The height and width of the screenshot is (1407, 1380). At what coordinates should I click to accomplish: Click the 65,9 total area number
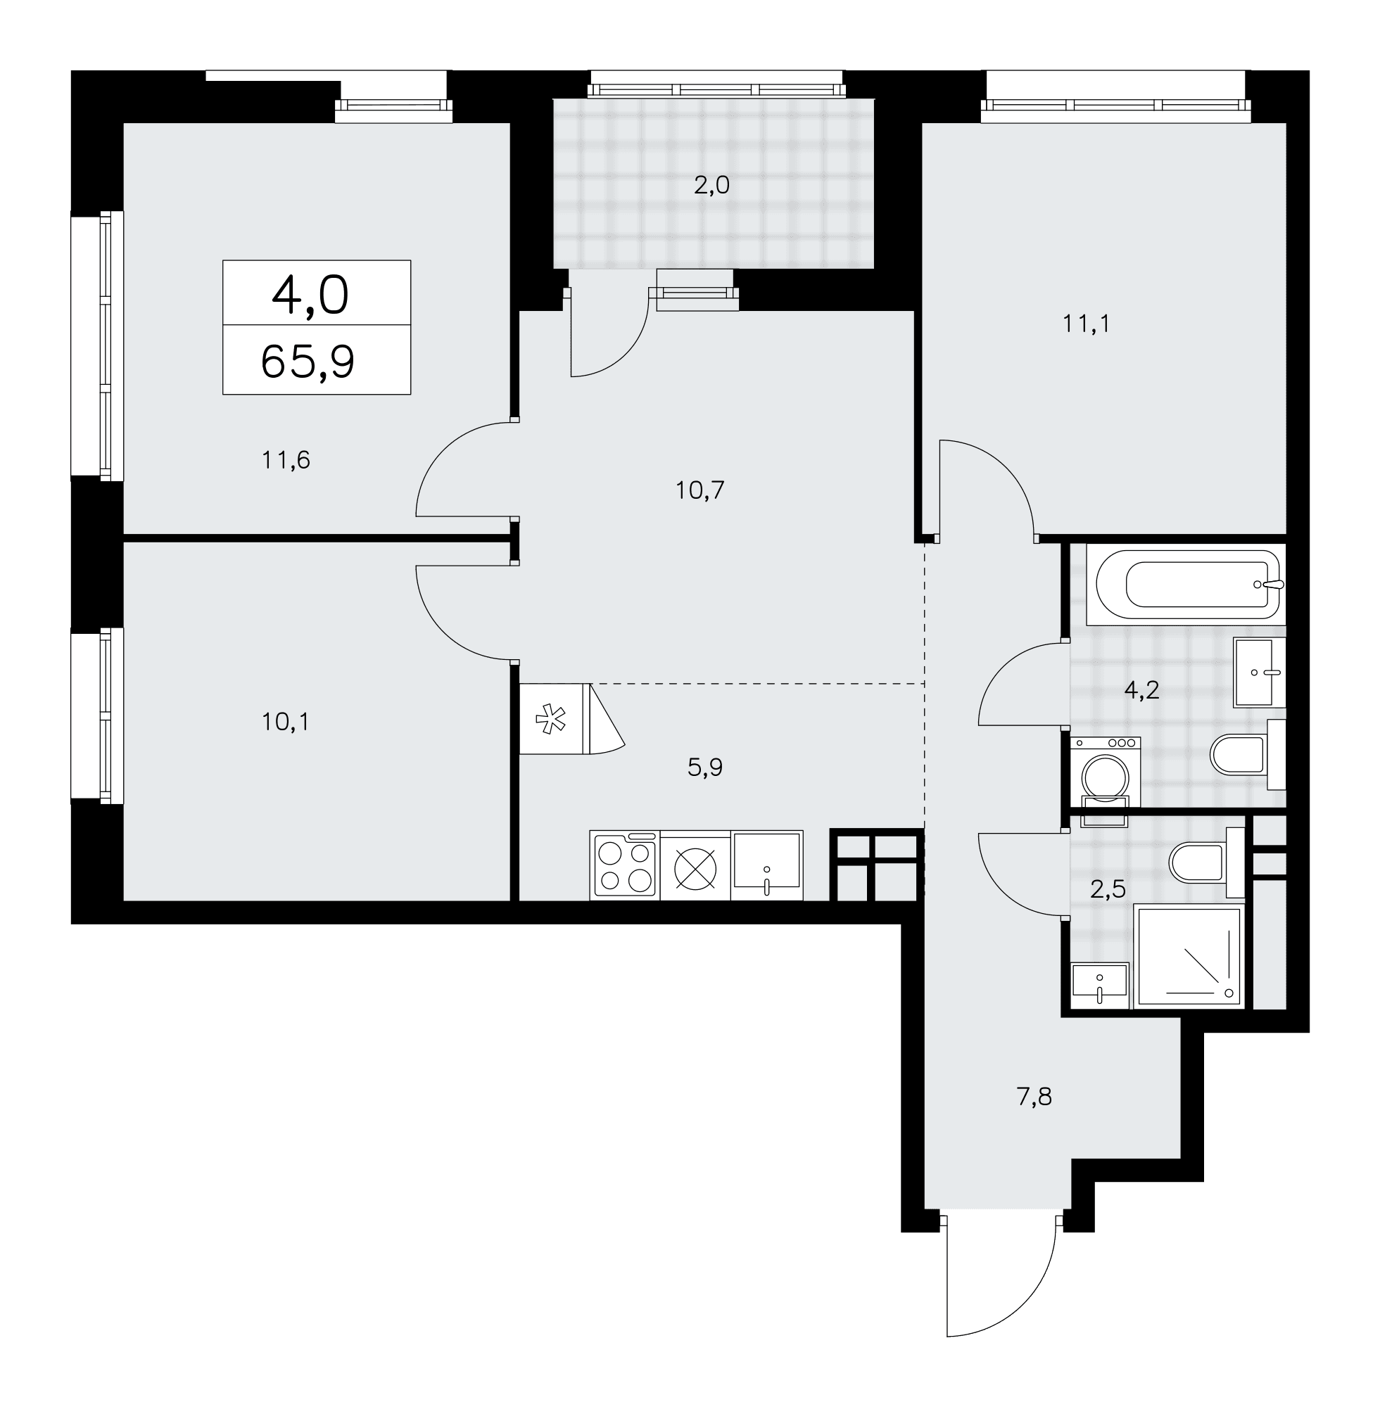pyautogui.click(x=308, y=362)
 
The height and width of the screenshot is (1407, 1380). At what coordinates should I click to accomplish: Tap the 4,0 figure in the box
pyautogui.click(x=310, y=295)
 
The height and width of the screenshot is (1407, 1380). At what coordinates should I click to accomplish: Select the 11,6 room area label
pyautogui.click(x=286, y=460)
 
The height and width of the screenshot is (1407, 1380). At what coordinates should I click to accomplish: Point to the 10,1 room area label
pyautogui.click(x=286, y=722)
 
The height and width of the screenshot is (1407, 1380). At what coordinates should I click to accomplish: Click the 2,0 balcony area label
pyautogui.click(x=711, y=186)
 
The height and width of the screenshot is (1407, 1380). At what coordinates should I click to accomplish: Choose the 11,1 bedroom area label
pyautogui.click(x=1087, y=324)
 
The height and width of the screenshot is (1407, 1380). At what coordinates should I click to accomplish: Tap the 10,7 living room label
pyautogui.click(x=700, y=491)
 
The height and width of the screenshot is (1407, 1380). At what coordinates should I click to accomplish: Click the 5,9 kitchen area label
pyautogui.click(x=705, y=768)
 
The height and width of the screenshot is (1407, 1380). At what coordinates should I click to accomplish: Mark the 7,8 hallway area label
pyautogui.click(x=1034, y=1097)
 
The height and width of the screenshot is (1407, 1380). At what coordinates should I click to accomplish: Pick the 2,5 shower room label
pyautogui.click(x=1108, y=889)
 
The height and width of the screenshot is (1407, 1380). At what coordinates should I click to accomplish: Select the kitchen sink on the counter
pyautogui.click(x=767, y=865)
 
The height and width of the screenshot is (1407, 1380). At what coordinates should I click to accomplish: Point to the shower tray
pyautogui.click(x=1189, y=955)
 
